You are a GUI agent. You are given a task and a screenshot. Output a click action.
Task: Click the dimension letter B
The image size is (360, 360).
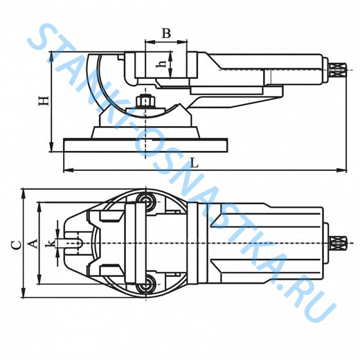point(166,33)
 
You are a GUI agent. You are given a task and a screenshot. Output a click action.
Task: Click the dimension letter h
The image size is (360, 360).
point(161,64)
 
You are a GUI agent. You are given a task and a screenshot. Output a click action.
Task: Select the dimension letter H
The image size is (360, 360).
point(44,101)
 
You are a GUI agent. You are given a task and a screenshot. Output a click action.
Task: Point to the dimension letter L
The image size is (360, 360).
point(195,163)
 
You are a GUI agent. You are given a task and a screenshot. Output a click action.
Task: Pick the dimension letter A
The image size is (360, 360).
point(33,244)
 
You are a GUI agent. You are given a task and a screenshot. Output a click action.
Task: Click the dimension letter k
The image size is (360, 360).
point(50,243)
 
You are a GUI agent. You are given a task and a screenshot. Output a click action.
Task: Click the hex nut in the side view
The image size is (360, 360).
point(145,102)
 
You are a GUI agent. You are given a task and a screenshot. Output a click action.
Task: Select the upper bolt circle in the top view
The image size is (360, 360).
point(146,201)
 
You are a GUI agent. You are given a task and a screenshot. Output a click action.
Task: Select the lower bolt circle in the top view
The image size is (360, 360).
point(146,285)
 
